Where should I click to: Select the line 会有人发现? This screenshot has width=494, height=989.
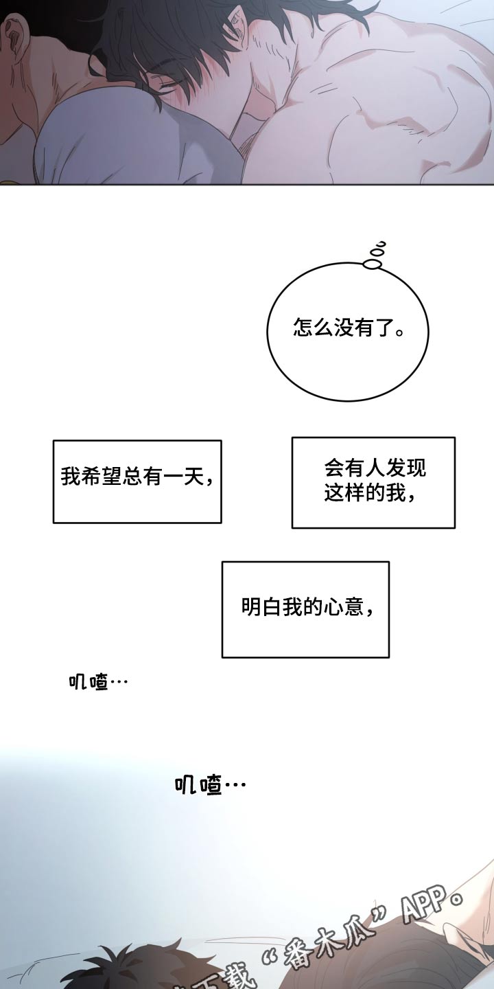point(375,468)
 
